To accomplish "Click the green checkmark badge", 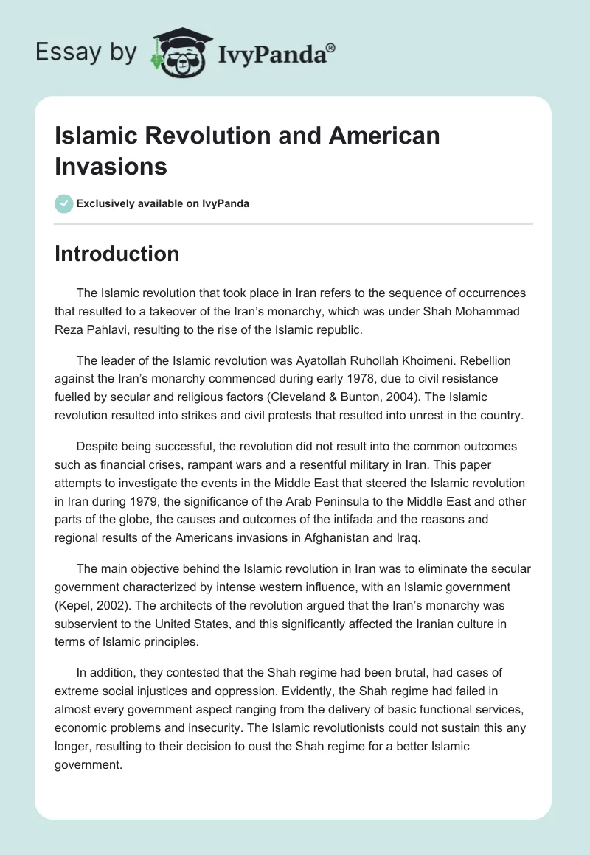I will (63, 203).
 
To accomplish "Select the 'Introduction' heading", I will (117, 254).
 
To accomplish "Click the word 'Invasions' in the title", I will (111, 166).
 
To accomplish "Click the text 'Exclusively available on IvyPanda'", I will (164, 203).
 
